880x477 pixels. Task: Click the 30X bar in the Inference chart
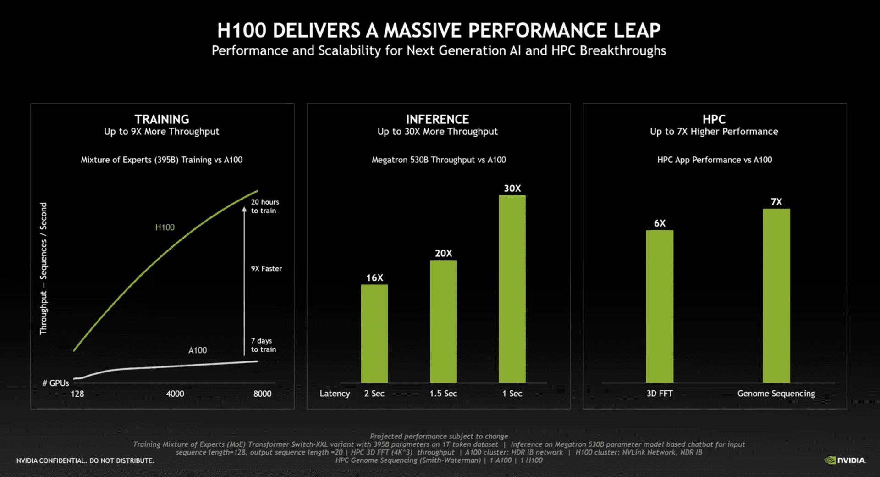(x=512, y=289)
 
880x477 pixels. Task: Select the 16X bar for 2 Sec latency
(x=374, y=333)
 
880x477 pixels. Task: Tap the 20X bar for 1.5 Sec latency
(x=443, y=321)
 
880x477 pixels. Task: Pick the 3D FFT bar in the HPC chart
(x=660, y=306)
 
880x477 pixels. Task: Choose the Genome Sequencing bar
(x=776, y=296)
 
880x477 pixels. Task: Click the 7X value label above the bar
(x=776, y=202)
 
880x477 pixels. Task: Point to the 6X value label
(x=660, y=223)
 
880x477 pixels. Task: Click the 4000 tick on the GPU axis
(x=175, y=394)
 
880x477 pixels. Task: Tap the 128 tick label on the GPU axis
(x=77, y=394)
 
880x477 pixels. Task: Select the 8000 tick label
(x=262, y=394)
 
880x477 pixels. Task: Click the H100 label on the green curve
(x=165, y=227)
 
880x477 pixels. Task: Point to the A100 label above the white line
(x=198, y=350)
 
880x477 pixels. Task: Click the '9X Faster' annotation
(x=266, y=269)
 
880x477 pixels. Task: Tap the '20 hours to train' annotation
(x=265, y=206)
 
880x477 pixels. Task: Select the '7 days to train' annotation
(x=264, y=345)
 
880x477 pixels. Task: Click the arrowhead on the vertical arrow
(x=244, y=210)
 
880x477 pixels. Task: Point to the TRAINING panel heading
(x=161, y=119)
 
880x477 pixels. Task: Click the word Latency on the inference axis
(x=335, y=394)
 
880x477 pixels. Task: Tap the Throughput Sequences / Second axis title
(x=44, y=268)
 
